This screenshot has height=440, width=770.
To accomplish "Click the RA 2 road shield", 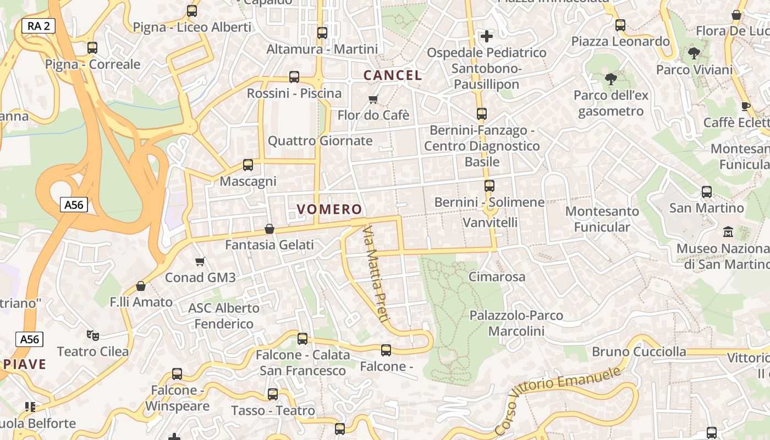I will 38,25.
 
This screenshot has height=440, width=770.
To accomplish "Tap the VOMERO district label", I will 329,210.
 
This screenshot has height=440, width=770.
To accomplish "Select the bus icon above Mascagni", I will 248,164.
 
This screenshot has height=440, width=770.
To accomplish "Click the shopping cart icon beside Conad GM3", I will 200,261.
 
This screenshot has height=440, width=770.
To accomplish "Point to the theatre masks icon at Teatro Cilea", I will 92,334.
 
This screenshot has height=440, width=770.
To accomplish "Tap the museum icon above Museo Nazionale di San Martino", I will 728,232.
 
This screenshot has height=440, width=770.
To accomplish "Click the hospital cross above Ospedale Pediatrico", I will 487,36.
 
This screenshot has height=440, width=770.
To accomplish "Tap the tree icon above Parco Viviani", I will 694,53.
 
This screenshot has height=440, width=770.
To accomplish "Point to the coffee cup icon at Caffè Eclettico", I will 746,106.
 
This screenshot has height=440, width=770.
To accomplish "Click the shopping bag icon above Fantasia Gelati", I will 269,228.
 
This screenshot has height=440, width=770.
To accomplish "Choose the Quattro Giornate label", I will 320,141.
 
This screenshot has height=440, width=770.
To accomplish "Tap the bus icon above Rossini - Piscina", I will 294,77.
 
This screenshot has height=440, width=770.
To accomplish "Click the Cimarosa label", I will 497,277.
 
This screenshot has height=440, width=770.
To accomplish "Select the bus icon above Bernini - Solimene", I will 490,186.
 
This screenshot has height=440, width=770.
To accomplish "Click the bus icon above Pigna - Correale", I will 92,48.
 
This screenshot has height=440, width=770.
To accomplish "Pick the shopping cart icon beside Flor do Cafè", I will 373,99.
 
